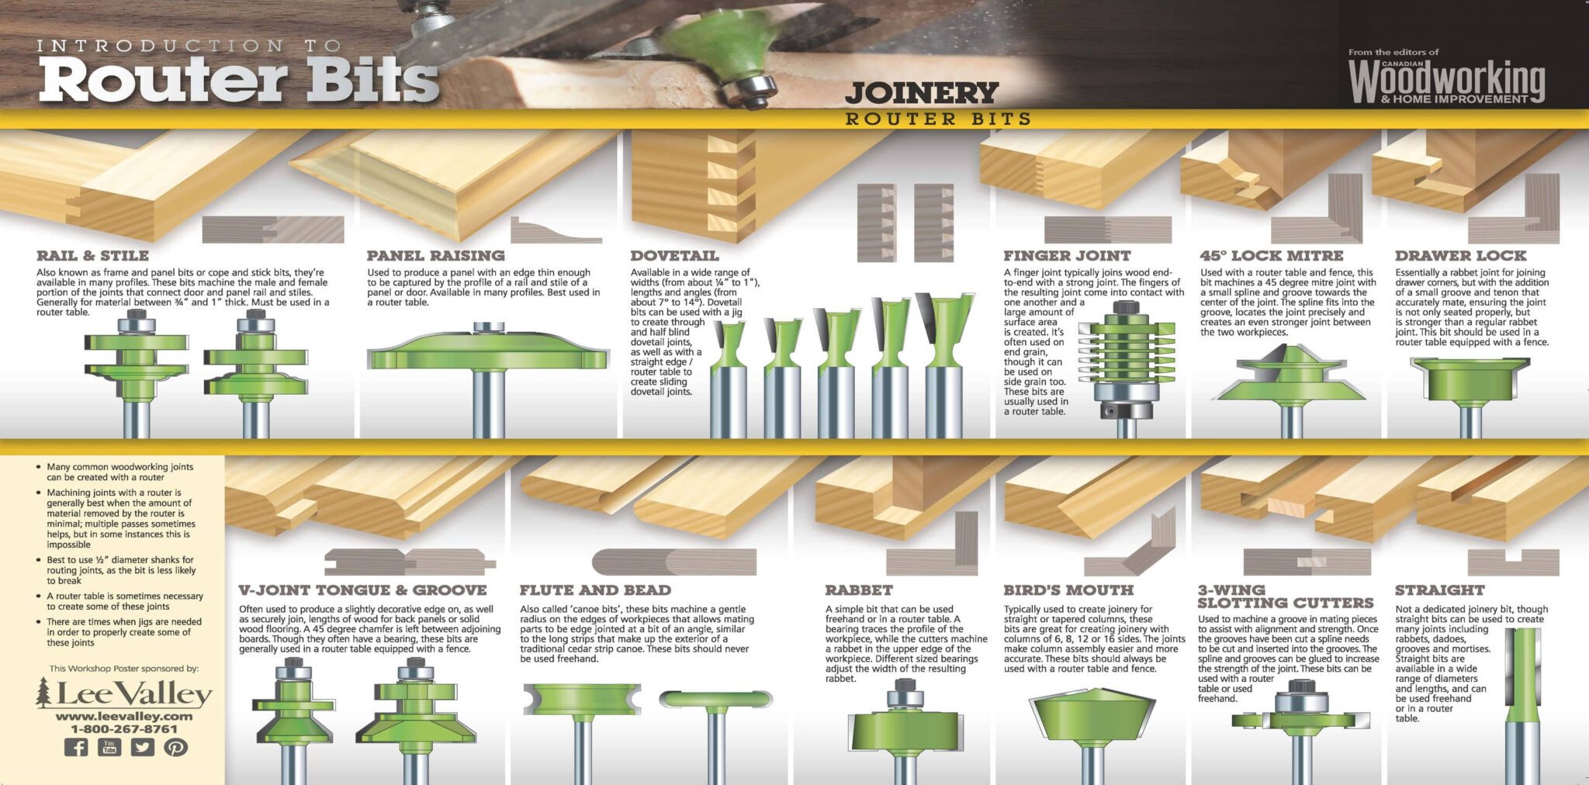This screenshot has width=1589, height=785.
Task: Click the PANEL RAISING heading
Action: tap(435, 255)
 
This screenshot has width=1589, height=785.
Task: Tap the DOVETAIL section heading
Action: tap(674, 255)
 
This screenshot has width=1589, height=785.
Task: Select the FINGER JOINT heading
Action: tap(1067, 255)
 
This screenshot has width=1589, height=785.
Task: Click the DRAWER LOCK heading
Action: tap(1460, 255)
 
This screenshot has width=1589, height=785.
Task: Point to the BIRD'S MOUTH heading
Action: tap(1068, 590)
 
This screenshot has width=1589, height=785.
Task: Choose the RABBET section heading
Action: tap(859, 590)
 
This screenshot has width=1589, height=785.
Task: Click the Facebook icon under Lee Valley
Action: tap(75, 748)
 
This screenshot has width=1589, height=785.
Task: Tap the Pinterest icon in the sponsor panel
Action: tap(176, 748)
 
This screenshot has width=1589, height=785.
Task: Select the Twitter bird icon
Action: tap(142, 748)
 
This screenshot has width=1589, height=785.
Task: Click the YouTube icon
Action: tap(109, 748)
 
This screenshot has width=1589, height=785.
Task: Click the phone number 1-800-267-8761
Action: tap(124, 729)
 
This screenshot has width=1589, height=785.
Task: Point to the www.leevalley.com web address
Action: tap(124, 716)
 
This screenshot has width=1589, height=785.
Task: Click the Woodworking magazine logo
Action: tap(1446, 81)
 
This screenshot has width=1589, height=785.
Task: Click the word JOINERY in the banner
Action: tap(921, 93)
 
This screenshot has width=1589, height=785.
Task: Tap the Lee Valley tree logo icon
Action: tap(43, 693)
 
